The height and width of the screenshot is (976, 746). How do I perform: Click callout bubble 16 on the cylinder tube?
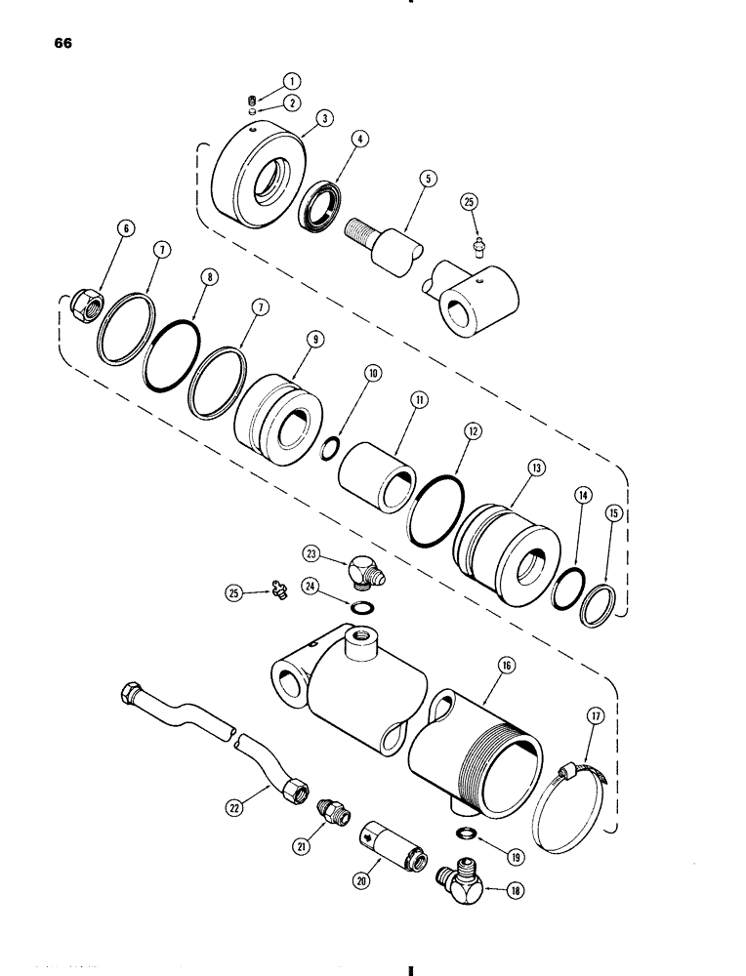[x=509, y=667]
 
